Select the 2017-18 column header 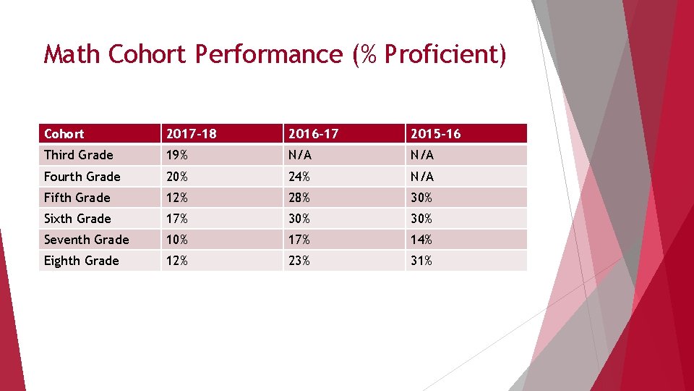point(191,134)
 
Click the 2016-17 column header point(313,134)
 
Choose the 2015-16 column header point(435,134)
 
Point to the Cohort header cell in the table point(64,134)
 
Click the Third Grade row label point(78,155)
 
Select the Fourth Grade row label point(82,177)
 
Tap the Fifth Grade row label point(77,198)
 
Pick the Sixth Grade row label point(77,219)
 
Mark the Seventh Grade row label point(86,240)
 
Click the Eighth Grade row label point(81,261)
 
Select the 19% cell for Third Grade point(177,155)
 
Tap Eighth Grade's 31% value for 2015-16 point(421,261)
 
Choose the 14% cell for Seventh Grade point(421,240)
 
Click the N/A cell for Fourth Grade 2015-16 point(422,177)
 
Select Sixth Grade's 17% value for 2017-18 point(177,219)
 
